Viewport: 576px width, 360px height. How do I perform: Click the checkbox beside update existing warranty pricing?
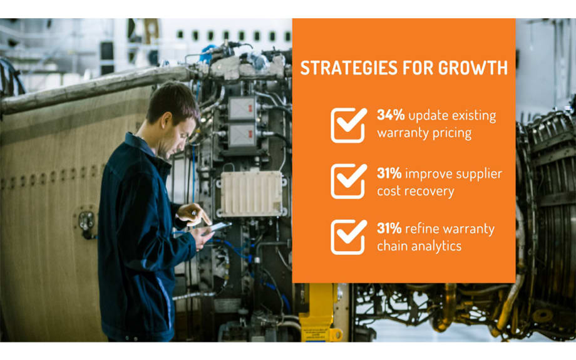348,125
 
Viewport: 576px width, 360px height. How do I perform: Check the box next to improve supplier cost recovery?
348,182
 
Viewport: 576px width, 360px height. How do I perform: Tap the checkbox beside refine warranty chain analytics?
348,237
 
